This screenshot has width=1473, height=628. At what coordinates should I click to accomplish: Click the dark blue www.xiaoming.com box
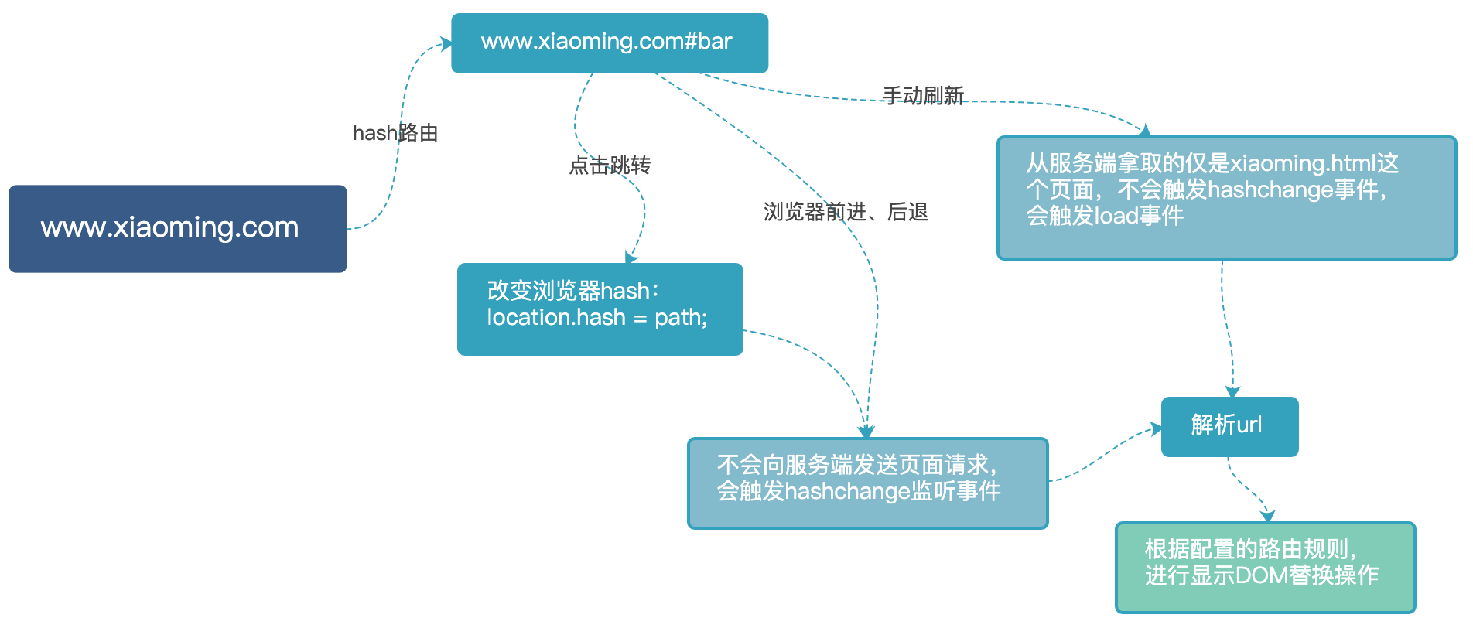pyautogui.click(x=178, y=229)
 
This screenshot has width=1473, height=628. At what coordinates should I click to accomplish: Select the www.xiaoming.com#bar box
pyautogui.click(x=610, y=43)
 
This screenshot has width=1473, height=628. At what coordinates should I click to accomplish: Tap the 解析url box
pyautogui.click(x=1229, y=427)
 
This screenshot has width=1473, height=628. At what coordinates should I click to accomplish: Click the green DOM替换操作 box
pyautogui.click(x=1266, y=568)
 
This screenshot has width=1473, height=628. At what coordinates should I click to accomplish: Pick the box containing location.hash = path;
pyautogui.click(x=600, y=309)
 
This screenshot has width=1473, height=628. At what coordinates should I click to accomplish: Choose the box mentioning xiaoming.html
pyautogui.click(x=1227, y=198)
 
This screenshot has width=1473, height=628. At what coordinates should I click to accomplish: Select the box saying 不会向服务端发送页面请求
pyautogui.click(x=868, y=483)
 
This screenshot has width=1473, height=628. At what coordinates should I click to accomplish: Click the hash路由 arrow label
pyautogui.click(x=395, y=133)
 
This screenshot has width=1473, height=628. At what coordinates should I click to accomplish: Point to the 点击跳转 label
pyautogui.click(x=610, y=166)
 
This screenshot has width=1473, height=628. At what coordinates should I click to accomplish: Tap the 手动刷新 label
pyautogui.click(x=923, y=96)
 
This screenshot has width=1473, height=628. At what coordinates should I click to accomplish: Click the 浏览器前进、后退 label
pyautogui.click(x=846, y=212)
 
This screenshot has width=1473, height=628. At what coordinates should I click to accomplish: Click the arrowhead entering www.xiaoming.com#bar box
pyautogui.click(x=446, y=43)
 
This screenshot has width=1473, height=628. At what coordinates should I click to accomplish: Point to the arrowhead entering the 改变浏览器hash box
pyautogui.click(x=631, y=257)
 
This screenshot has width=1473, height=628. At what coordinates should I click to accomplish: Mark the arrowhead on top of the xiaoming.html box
pyautogui.click(x=1144, y=131)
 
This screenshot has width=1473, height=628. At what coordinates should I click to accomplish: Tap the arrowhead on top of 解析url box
pyautogui.click(x=1232, y=392)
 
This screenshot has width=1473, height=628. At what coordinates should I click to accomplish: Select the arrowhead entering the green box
pyautogui.click(x=1267, y=517)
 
